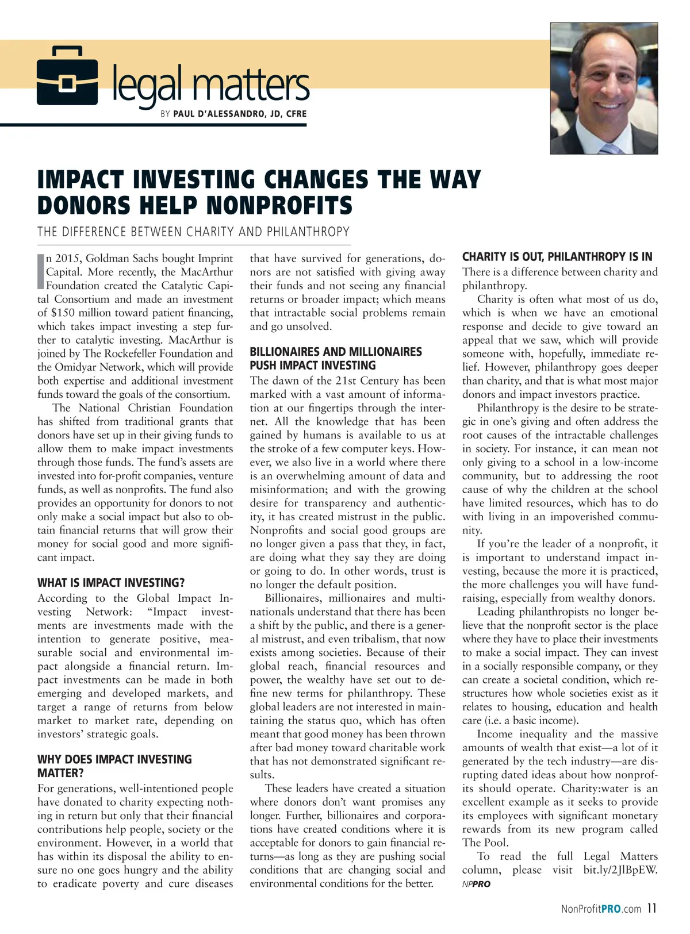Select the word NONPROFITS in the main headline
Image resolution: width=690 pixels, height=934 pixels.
click(279, 205)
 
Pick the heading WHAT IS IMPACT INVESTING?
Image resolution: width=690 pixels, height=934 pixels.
click(111, 583)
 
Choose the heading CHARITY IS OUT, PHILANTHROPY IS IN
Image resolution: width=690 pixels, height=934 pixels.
click(557, 257)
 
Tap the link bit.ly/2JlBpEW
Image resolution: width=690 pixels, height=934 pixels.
click(620, 870)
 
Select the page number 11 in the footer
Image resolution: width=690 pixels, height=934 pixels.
click(651, 908)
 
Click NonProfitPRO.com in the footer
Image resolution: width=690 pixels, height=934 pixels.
click(601, 909)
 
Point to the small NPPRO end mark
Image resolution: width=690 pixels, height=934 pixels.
click(476, 884)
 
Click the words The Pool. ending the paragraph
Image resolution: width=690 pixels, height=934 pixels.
click(485, 843)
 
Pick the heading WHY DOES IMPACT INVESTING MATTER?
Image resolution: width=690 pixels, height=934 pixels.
click(114, 766)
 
